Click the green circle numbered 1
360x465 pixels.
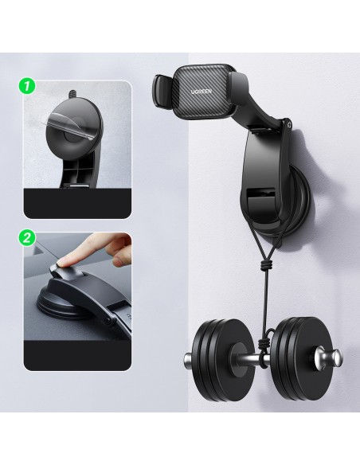pyautogui.click(x=27, y=86)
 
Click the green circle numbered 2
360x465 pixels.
pyautogui.click(x=27, y=237)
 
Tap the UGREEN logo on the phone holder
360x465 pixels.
pyautogui.click(x=202, y=92)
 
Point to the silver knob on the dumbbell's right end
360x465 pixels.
pyautogui.click(x=329, y=356)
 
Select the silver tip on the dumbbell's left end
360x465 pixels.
pyautogui.click(x=188, y=360)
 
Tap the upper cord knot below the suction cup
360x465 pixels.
pyautogui.click(x=266, y=264)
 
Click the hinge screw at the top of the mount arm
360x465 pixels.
pyautogui.click(x=289, y=126)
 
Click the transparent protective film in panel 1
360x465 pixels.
pyautogui.click(x=68, y=122)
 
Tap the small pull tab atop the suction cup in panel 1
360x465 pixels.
pyautogui.click(x=72, y=95)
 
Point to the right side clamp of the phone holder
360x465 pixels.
pyautogui.click(x=238, y=88)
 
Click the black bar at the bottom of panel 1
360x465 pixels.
pyautogui.click(x=77, y=204)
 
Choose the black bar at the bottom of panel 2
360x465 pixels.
pyautogui.click(x=77, y=356)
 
